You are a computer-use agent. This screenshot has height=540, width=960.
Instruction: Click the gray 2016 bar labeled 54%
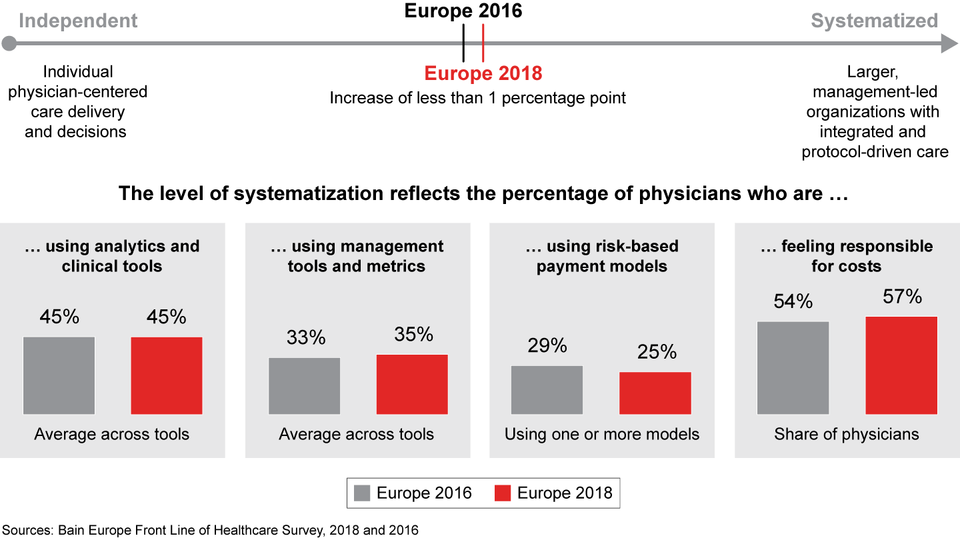[793, 368]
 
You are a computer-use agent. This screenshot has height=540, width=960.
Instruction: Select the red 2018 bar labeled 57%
[901, 365]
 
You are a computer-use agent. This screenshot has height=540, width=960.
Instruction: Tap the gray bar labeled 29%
[547, 390]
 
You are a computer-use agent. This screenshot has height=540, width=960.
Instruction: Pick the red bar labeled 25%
[655, 393]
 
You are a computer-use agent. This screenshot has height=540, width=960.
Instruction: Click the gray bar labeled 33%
[304, 386]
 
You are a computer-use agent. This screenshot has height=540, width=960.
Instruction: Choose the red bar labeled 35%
[412, 384]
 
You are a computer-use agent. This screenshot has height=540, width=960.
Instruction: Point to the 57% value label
[901, 297]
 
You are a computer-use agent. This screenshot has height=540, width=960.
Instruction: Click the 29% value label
[547, 345]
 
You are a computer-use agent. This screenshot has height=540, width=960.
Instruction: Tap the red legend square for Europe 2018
[503, 493]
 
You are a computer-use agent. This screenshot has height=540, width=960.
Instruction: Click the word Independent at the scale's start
[78, 21]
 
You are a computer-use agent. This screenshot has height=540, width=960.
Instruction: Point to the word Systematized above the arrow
[874, 21]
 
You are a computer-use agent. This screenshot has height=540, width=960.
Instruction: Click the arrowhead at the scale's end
[949, 45]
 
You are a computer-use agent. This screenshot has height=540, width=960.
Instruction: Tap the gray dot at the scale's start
[9, 45]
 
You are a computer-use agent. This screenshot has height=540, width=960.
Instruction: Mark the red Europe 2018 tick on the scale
[483, 43]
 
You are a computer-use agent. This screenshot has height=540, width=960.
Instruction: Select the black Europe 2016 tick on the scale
[463, 43]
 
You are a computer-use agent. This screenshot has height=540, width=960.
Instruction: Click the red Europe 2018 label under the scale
[483, 73]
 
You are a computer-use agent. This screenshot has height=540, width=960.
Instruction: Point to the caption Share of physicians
[846, 435]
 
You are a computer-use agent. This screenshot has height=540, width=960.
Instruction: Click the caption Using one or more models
[601, 435]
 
